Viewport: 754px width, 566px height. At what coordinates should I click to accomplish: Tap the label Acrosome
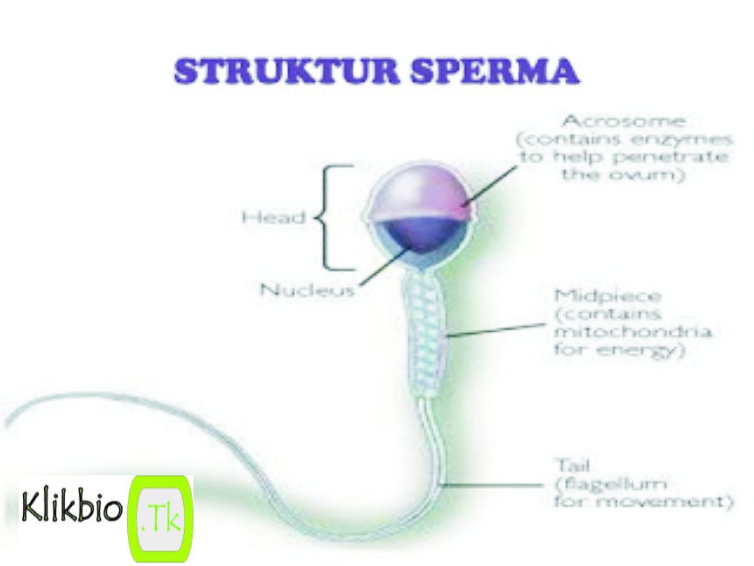point(624,121)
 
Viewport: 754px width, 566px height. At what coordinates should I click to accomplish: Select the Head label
point(274,217)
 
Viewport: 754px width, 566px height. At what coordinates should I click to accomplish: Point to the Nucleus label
point(307,290)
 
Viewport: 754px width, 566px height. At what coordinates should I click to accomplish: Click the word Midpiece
point(607,296)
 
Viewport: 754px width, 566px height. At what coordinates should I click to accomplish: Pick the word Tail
point(572,466)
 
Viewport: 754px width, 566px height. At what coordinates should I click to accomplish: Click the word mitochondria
point(632,331)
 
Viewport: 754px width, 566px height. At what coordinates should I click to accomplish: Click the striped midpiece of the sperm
point(424,334)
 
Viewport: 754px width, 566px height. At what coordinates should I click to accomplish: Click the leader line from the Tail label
point(492,484)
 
